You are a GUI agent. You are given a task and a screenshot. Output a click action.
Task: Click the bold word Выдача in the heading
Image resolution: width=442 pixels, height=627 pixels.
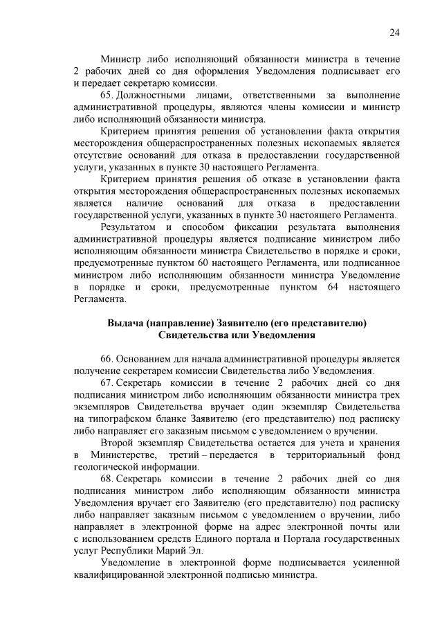tap(125, 324)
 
